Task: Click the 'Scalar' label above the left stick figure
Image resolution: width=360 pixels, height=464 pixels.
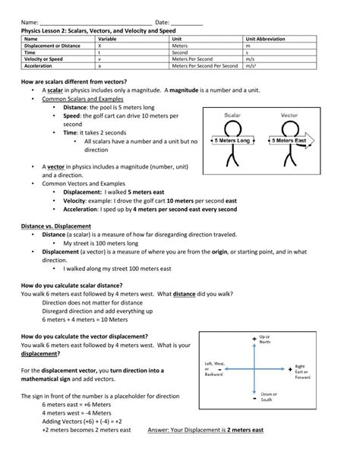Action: (232, 116)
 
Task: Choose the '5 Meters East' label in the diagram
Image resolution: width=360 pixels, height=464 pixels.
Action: (290, 141)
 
